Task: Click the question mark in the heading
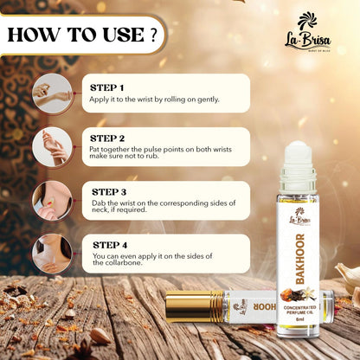tap(154, 35)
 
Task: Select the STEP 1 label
tap(106, 87)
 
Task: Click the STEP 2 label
tap(107, 138)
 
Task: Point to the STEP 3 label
tap(109, 192)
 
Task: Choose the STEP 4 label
tap(110, 245)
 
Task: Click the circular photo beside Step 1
tap(52, 93)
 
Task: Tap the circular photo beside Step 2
tap(52, 147)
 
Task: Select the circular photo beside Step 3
tap(52, 201)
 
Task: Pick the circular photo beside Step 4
tap(52, 254)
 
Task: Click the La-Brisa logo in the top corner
tap(307, 32)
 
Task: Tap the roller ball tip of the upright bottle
tap(299, 152)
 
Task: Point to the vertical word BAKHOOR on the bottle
tap(300, 259)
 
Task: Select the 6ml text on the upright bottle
tap(300, 319)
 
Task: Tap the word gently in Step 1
tap(209, 100)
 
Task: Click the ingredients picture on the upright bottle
tap(299, 295)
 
